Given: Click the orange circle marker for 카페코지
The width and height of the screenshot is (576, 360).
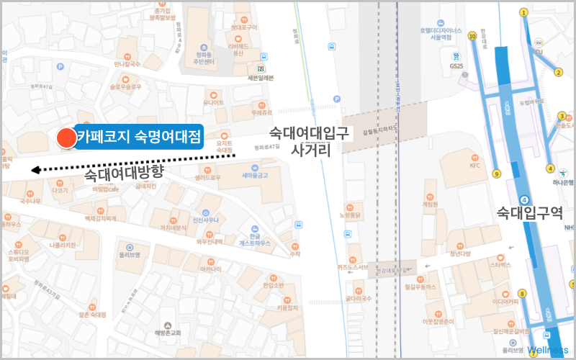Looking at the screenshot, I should pyautogui.click(x=66, y=138).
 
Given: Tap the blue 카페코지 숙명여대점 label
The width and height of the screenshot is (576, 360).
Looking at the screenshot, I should pyautogui.click(x=139, y=136).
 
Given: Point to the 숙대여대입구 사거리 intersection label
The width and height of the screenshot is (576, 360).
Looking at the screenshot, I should pyautogui.click(x=310, y=142).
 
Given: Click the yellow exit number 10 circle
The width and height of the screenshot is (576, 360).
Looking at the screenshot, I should pyautogui.click(x=472, y=35).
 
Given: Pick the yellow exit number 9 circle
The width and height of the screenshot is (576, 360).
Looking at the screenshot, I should pyautogui.click(x=496, y=174).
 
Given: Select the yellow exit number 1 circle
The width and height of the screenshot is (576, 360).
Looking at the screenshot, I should pyautogui.click(x=523, y=12).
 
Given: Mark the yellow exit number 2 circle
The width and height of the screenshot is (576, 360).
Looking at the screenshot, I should pyautogui.click(x=557, y=72).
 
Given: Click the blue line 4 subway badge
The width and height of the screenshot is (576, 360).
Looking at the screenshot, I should pyautogui.click(x=525, y=199).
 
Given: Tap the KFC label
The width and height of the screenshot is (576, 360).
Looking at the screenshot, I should pyautogui.click(x=474, y=165).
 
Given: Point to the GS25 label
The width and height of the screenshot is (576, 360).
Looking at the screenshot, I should pyautogui.click(x=456, y=66).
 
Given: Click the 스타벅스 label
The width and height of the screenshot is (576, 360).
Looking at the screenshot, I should pyautogui.click(x=500, y=265).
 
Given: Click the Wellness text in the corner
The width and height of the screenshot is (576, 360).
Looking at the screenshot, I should pyautogui.click(x=548, y=350).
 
